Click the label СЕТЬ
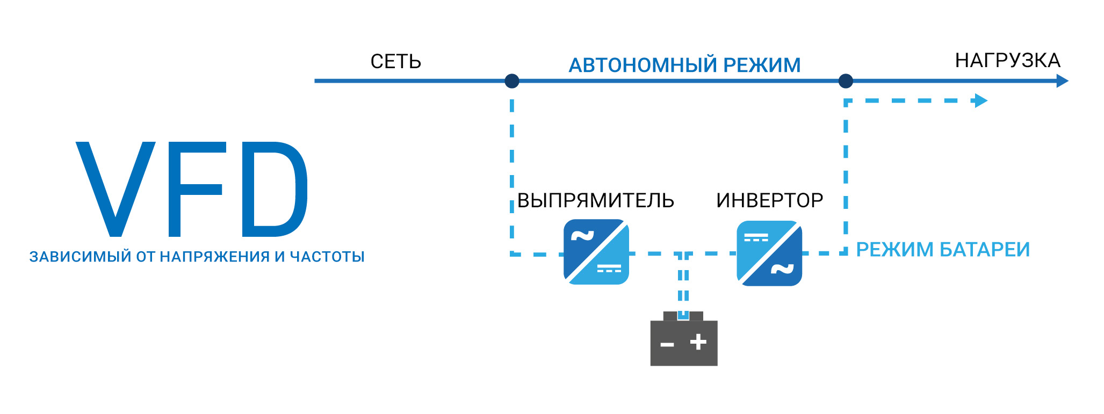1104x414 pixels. point(395,62)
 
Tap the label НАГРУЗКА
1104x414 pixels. point(1007,61)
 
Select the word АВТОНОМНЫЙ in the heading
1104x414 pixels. point(643,66)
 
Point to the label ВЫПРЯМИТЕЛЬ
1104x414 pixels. point(595,201)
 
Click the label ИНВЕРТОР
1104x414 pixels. point(769,201)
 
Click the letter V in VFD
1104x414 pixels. point(116,188)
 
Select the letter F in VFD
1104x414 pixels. point(193,188)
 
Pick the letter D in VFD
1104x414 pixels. point(274,188)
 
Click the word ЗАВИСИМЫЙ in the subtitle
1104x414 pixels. point(80,257)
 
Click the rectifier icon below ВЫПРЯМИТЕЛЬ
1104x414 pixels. point(596,252)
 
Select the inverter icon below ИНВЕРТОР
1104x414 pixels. point(769,253)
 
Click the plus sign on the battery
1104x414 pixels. point(698,342)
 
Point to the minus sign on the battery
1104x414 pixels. point(667,344)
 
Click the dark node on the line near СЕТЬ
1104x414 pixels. point(512,81)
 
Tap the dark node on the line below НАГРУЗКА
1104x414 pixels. point(846,81)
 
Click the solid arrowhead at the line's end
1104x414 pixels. point(1062,81)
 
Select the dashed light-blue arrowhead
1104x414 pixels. point(981,101)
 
